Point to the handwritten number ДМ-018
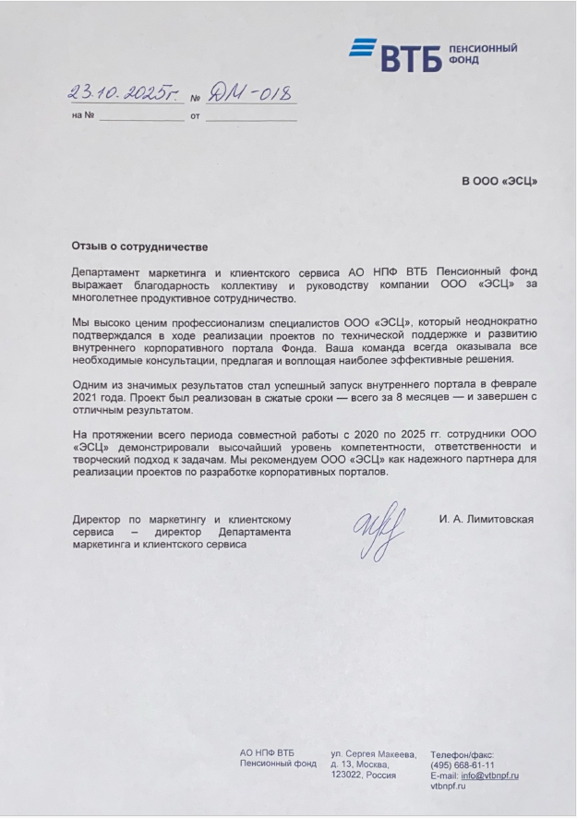(x=248, y=93)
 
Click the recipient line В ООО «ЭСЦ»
(x=499, y=181)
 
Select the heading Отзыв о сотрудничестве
(x=139, y=247)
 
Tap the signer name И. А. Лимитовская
(x=486, y=519)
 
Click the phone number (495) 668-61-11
(x=462, y=765)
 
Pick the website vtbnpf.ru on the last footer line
(x=448, y=786)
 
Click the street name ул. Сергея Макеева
(x=373, y=754)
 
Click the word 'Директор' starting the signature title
(x=97, y=520)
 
